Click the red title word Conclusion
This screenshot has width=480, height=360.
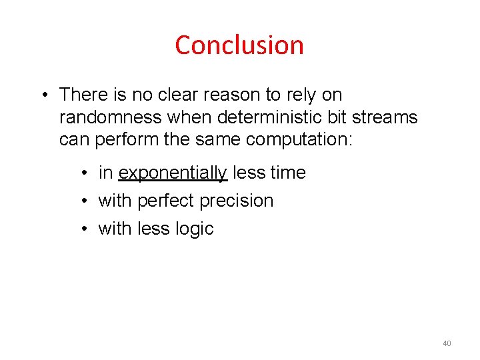pos(239,45)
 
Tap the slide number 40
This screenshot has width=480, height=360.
pos(446,343)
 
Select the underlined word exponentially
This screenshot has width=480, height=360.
pos(173,173)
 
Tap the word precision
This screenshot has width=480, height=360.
pos(237,201)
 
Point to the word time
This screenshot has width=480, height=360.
pos(288,173)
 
